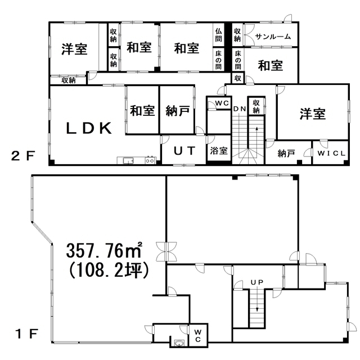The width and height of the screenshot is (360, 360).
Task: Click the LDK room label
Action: click(x=89, y=128)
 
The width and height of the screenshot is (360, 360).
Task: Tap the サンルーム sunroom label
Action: click(x=273, y=37)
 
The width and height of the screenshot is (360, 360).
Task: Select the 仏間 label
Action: click(x=218, y=35)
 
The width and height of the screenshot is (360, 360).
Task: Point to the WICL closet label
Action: click(x=331, y=154)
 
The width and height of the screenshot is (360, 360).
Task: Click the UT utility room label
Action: click(x=184, y=151)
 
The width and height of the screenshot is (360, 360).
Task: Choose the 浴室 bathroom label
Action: click(x=219, y=151)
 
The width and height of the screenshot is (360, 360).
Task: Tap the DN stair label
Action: click(x=240, y=109)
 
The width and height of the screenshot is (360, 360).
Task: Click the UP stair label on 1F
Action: click(x=257, y=282)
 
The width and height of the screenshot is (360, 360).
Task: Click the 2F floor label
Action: click(x=23, y=156)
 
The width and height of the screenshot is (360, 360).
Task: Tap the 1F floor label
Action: click(x=26, y=334)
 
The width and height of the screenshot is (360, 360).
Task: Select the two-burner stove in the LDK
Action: click(x=150, y=160)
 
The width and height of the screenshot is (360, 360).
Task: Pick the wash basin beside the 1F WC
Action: click(x=179, y=344)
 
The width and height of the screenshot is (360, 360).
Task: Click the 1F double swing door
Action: click(x=166, y=251)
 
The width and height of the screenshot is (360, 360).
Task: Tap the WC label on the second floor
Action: click(x=222, y=103)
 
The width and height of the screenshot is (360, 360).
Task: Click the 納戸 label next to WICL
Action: click(x=286, y=154)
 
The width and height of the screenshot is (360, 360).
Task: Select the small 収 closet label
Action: click(x=237, y=78)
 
